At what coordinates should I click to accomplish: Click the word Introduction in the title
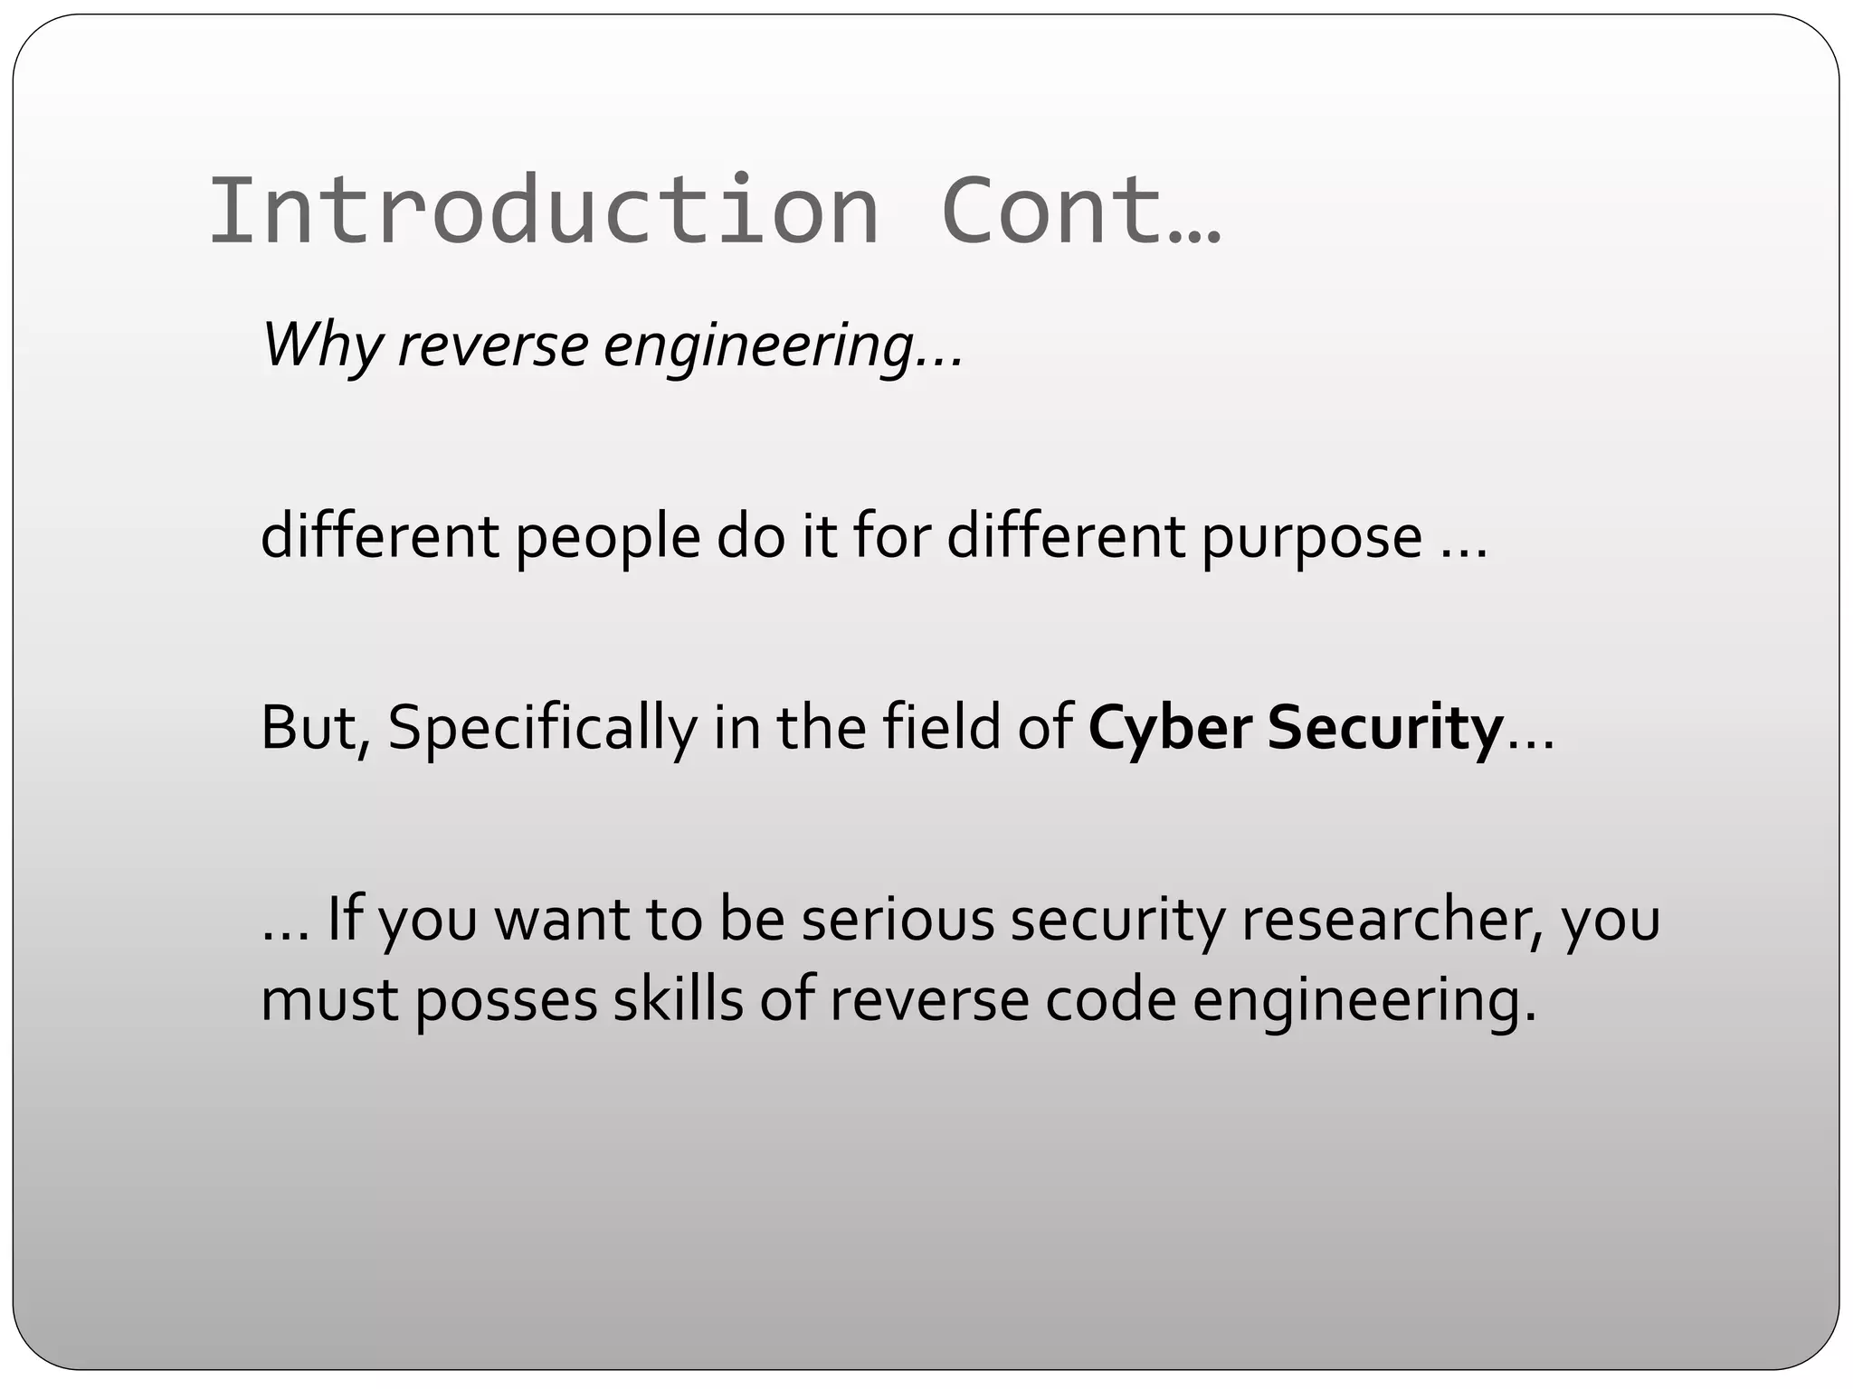(543, 211)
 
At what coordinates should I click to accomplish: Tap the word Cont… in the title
(1080, 211)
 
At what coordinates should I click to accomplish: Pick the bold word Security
(1385, 728)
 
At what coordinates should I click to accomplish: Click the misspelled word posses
(508, 1001)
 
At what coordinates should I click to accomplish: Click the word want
(561, 919)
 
